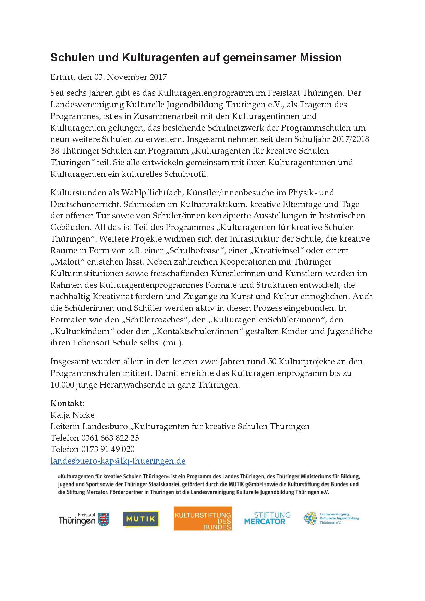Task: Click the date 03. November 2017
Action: [131, 77]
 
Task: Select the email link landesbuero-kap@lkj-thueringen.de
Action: [118, 461]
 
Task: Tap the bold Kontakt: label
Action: [67, 403]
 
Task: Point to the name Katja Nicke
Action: [72, 415]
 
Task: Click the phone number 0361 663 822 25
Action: [110, 438]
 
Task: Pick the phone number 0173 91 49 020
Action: [108, 449]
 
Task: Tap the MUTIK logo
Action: [141, 519]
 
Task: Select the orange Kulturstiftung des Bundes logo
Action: [203, 519]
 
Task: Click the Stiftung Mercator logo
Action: [267, 518]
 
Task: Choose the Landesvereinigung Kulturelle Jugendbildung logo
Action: [331, 518]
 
